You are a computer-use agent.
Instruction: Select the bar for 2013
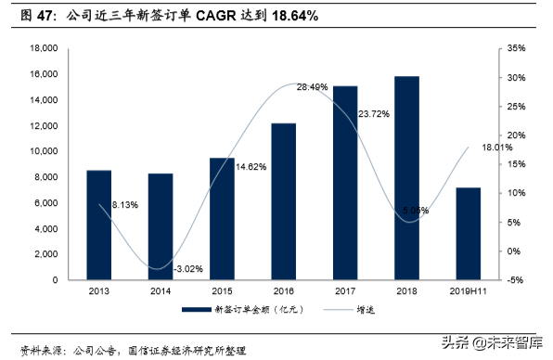click(98, 225)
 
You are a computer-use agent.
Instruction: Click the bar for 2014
click(160, 226)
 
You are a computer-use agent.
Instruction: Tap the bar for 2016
click(283, 201)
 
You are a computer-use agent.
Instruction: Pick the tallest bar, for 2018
click(405, 178)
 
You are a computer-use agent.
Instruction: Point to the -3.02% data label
click(187, 269)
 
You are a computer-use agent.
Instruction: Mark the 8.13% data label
click(125, 204)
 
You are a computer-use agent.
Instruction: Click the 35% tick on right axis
click(514, 48)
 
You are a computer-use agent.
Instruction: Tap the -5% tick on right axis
click(514, 280)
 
